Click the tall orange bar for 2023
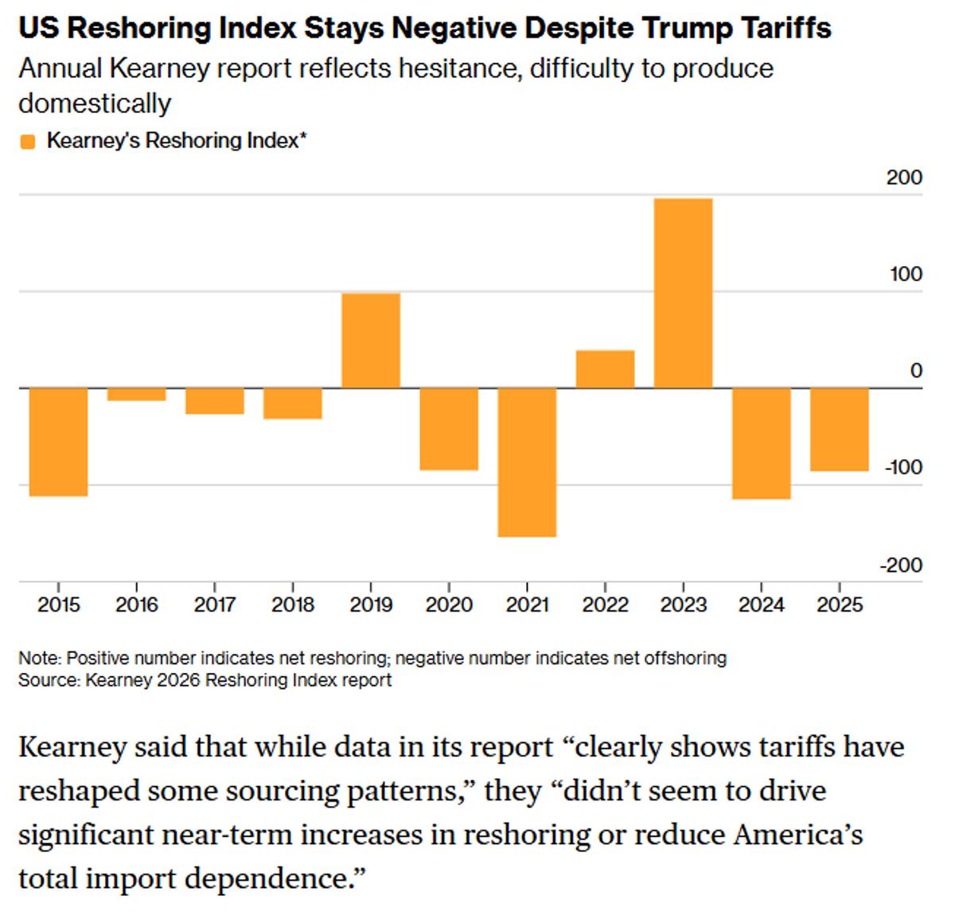tap(683, 293)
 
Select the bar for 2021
tap(527, 462)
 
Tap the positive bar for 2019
tap(371, 341)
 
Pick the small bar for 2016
tap(137, 394)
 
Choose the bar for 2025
tap(840, 429)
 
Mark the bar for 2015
tap(59, 442)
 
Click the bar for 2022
tap(605, 369)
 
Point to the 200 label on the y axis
tap(904, 177)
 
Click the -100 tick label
tap(902, 467)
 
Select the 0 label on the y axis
tap(916, 370)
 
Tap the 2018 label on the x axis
tap(293, 605)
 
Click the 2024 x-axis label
tap(761, 605)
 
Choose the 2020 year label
tap(449, 605)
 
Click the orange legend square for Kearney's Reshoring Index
tap(28, 142)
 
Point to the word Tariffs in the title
tap(781, 29)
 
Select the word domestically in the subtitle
tap(94, 104)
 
